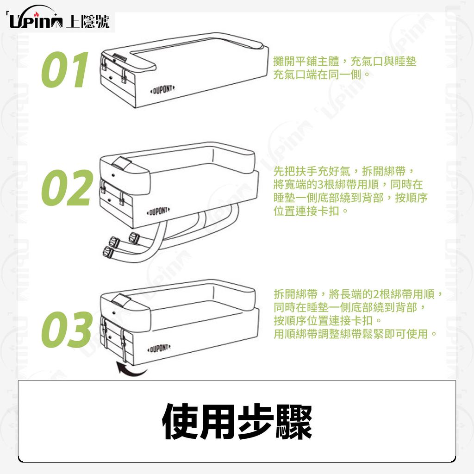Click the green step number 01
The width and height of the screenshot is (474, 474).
[x=65, y=69]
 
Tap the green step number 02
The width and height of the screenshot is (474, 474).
[x=67, y=188]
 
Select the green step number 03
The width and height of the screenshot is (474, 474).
[x=67, y=330]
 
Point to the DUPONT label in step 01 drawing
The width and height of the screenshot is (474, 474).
[x=162, y=89]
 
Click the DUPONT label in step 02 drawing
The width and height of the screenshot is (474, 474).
[x=158, y=211]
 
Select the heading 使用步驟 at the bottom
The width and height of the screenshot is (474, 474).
[x=237, y=422]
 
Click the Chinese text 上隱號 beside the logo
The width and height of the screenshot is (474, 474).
[x=87, y=21]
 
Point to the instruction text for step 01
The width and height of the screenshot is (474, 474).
[x=344, y=68]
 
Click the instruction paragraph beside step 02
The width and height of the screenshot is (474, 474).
[x=350, y=191]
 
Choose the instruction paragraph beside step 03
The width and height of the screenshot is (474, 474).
[x=358, y=314]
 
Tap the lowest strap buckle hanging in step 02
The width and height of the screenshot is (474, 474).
[x=109, y=252]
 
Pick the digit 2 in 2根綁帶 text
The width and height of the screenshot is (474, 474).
[x=376, y=294]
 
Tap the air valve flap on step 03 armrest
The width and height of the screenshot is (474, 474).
[x=122, y=300]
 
